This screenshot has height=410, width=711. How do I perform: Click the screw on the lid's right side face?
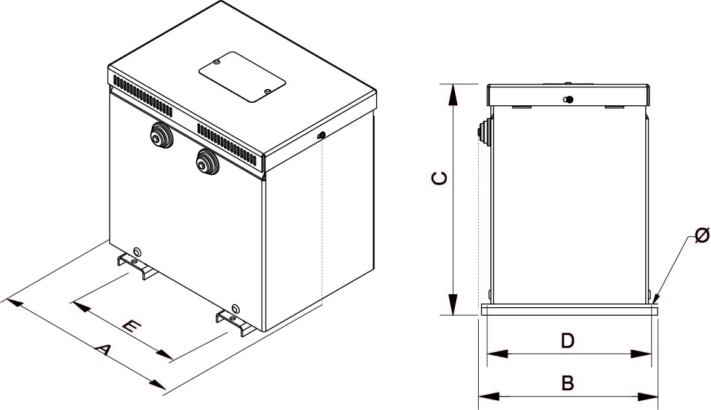pyautogui.click(x=320, y=136)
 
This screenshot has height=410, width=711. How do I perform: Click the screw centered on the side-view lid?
pyautogui.click(x=568, y=100)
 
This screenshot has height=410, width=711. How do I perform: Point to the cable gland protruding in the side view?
pyautogui.click(x=483, y=133)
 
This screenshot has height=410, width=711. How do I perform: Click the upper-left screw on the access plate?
pyautogui.click(x=218, y=62)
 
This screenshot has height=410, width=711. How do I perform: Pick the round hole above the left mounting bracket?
pyautogui.click(x=137, y=251)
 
